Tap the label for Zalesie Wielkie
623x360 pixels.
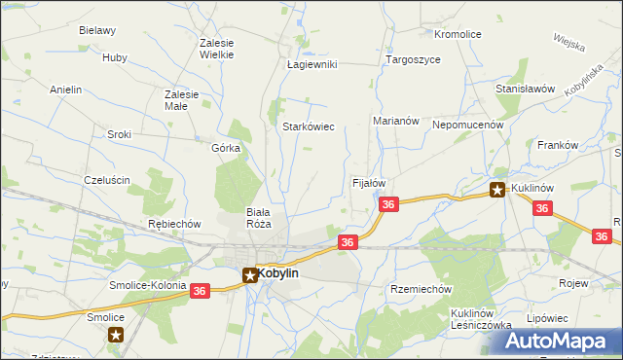click(x=216, y=49)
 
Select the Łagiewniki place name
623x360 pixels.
click(x=311, y=64)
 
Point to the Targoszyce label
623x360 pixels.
click(x=413, y=59)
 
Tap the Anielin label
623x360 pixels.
click(x=65, y=90)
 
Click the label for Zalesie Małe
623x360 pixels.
click(x=182, y=100)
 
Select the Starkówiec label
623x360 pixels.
click(x=309, y=126)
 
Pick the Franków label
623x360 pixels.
click(x=558, y=145)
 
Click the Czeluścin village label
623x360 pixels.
click(x=107, y=180)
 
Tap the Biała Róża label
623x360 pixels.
click(x=258, y=218)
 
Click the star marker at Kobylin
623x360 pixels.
click(x=249, y=275)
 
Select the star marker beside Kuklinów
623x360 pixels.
click(x=497, y=191)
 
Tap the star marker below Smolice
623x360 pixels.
click(x=116, y=336)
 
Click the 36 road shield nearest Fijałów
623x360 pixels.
click(x=388, y=204)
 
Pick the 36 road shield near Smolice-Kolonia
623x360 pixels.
click(x=200, y=291)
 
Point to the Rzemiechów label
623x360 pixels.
click(x=421, y=289)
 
